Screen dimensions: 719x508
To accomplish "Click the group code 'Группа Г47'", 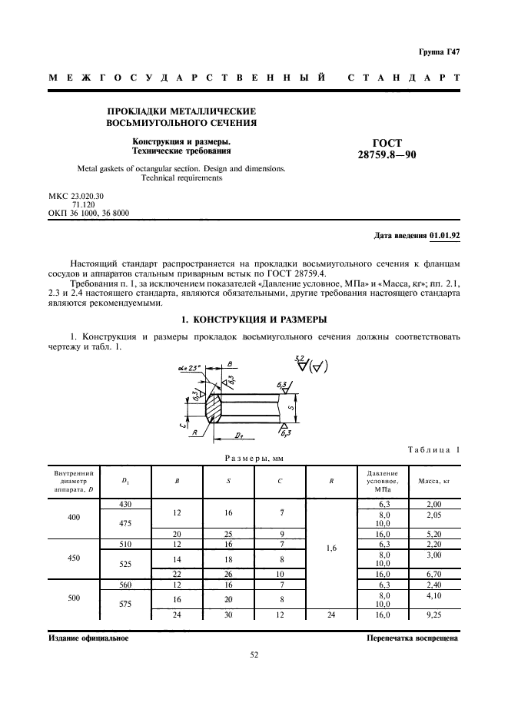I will pos(439,52).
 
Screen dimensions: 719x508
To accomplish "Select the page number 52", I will pos(254,654).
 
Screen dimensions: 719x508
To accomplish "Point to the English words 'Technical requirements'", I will pos(181,178).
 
